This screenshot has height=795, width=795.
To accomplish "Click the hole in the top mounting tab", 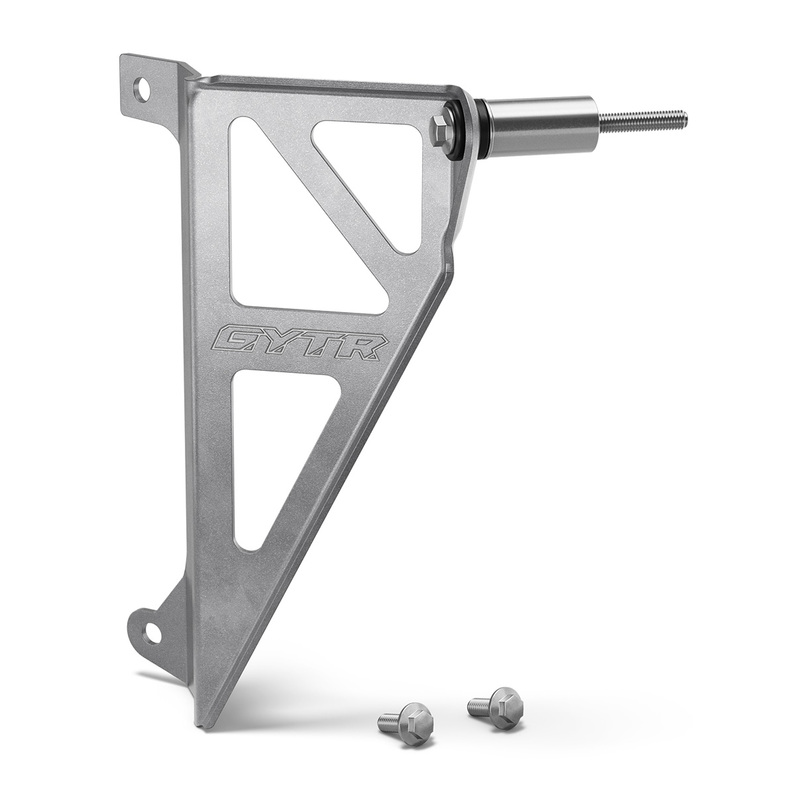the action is [x=141, y=89].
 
